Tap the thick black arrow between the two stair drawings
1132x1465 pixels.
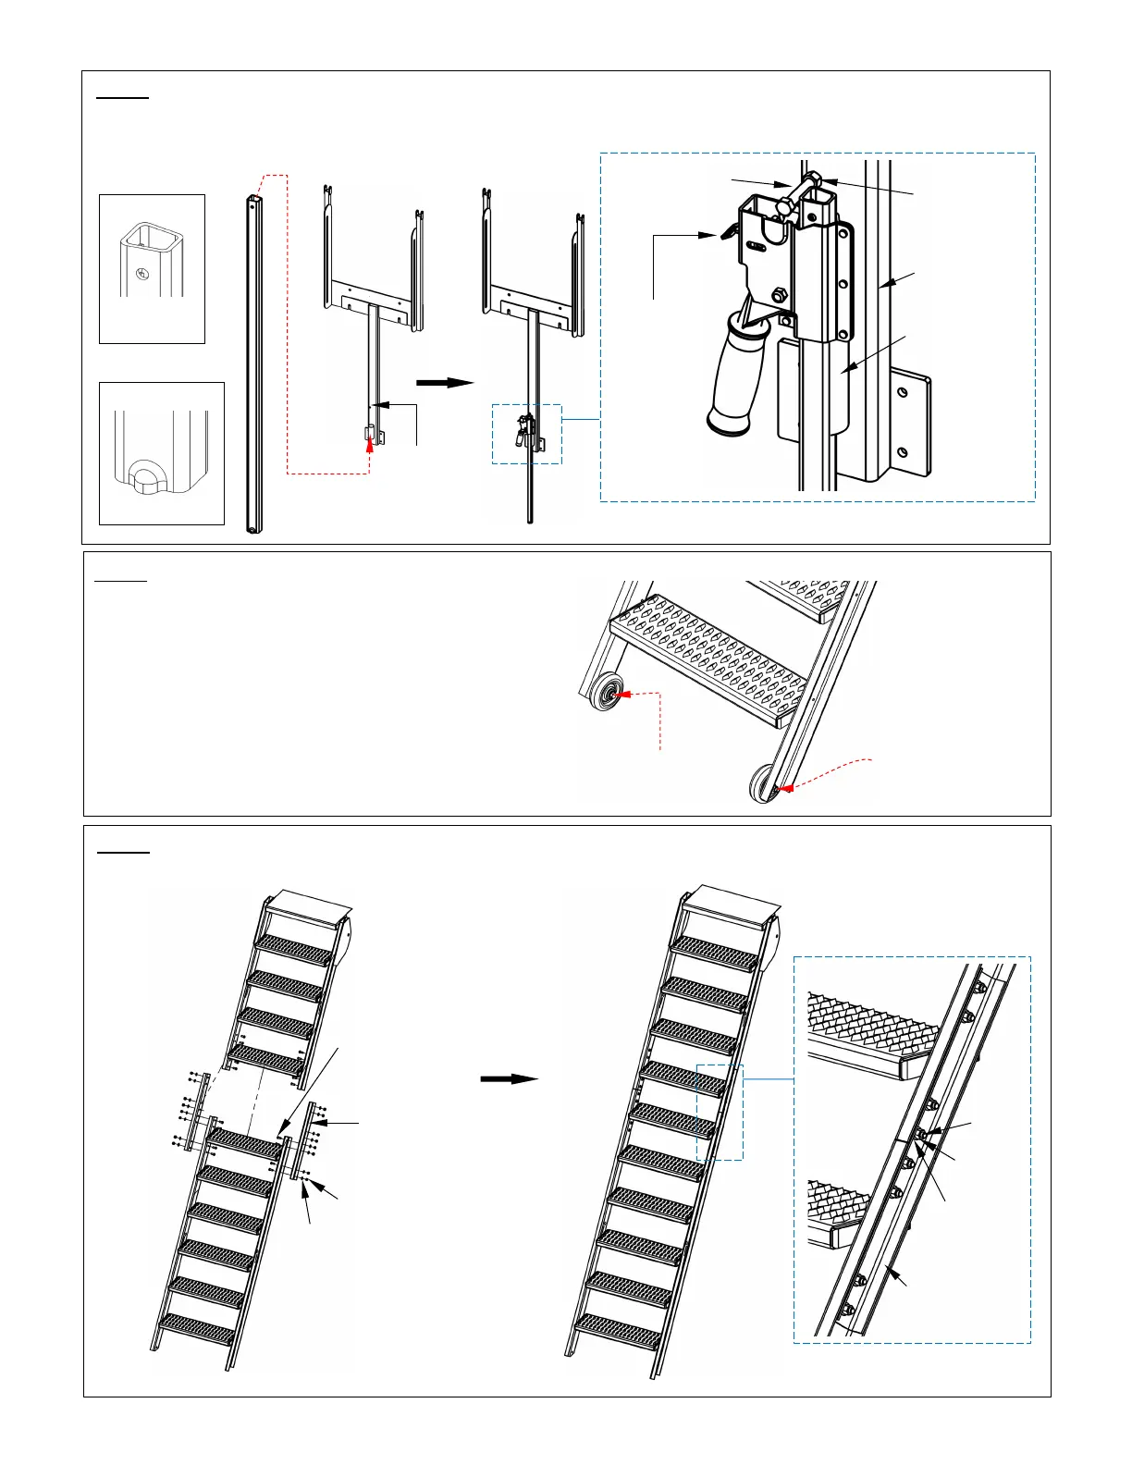click(510, 1078)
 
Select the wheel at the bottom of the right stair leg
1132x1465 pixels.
click(764, 783)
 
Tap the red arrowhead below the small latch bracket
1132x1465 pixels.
click(370, 444)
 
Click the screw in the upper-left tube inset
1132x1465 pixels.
click(141, 273)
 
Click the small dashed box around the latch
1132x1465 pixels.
click(526, 434)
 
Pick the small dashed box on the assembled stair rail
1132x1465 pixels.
click(720, 1112)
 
